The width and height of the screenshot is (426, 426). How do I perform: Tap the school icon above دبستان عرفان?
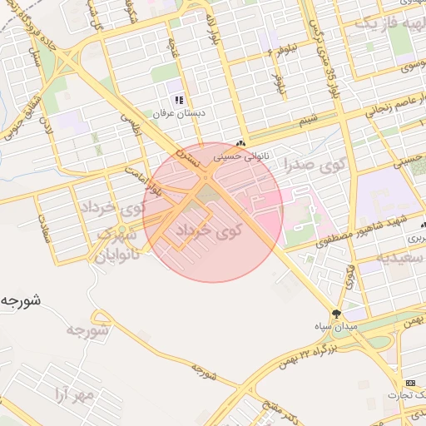click(178, 100)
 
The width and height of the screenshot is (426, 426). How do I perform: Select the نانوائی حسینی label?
click(242, 156)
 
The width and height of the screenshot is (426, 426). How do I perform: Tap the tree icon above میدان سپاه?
click(336, 314)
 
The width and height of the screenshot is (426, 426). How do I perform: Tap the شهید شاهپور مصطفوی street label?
click(354, 231)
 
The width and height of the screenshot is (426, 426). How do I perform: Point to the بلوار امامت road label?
click(147, 179)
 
